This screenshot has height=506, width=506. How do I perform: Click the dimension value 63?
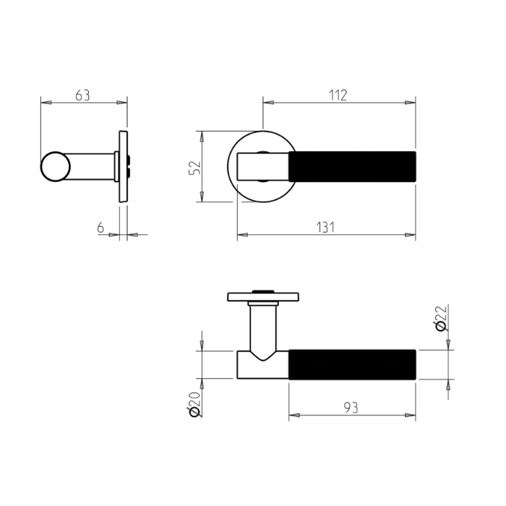coord(82,95)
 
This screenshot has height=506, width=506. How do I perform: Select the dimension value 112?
coord(338,95)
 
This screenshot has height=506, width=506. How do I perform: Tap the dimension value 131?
coord(326,227)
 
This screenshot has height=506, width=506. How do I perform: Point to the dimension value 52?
coord(194,168)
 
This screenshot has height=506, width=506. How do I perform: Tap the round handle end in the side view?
coord(55,167)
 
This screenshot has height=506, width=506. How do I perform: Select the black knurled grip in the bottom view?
coord(353,364)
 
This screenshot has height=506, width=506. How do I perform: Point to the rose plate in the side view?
coord(122,167)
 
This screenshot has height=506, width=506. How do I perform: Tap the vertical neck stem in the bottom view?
coord(262,325)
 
